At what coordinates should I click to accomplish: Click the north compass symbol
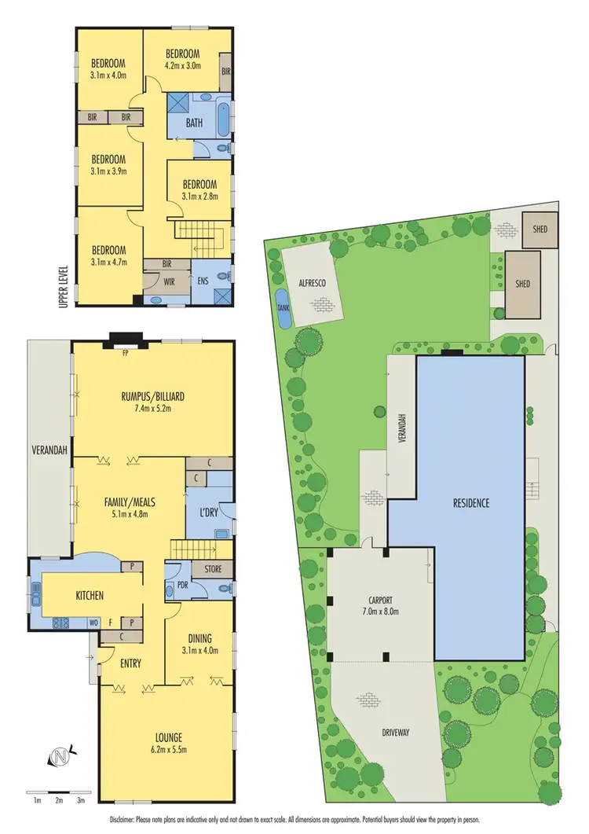click(x=59, y=756)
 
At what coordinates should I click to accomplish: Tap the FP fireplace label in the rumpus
click(x=125, y=353)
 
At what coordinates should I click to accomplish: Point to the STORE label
click(x=212, y=569)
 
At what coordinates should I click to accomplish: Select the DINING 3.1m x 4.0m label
click(x=200, y=644)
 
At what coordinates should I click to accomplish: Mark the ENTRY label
click(x=130, y=663)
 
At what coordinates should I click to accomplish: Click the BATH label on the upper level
click(x=194, y=123)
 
